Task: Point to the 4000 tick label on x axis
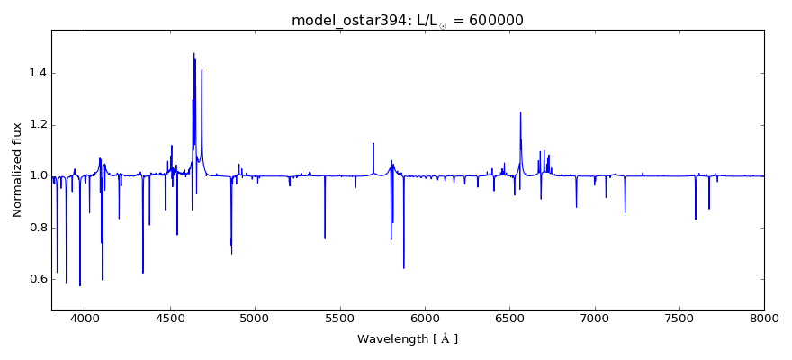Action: pos(85,318)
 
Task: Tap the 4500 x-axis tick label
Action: pos(170,318)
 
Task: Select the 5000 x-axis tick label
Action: pos(255,318)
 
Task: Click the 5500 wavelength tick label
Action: pos(340,318)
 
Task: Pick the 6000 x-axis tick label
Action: pos(425,318)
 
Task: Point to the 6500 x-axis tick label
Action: pos(509,318)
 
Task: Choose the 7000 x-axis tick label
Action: pos(595,318)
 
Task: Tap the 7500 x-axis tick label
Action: pos(679,318)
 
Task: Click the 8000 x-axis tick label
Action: pos(764,318)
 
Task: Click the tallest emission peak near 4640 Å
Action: pos(193,53)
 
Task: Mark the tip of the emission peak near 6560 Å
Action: pos(520,112)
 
